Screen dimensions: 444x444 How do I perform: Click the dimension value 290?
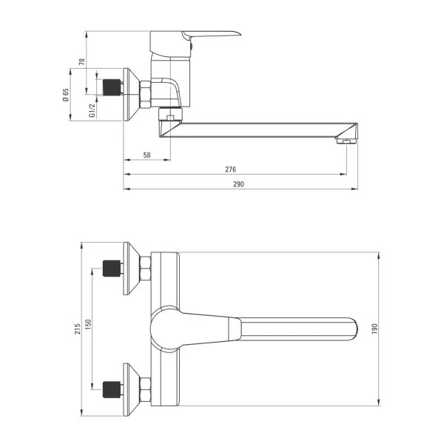tap(238, 184)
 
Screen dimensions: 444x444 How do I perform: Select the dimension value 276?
tap(231, 169)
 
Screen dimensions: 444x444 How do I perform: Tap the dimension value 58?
tap(147, 155)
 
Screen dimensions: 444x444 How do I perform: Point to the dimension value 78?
tap(82, 62)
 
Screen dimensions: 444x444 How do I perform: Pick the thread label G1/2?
tap(92, 110)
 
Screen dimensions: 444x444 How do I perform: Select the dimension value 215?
tap(76, 329)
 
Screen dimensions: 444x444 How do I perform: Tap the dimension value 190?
tap(374, 329)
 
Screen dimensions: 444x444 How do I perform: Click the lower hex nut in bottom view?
tap(146, 386)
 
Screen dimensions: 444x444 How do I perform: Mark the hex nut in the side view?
tap(145, 94)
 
